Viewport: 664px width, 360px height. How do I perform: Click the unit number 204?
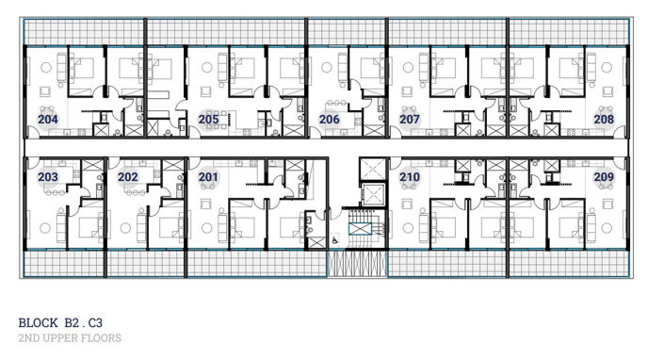(48, 120)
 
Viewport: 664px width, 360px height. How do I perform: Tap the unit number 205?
(208, 120)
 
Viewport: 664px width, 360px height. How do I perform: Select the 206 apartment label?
(329, 120)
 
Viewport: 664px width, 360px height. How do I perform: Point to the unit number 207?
(410, 120)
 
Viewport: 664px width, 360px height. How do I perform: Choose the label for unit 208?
(604, 120)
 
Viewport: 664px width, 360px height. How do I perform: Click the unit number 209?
(604, 177)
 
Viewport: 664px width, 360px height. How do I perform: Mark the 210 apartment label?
(410, 177)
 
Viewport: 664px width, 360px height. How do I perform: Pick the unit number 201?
(208, 177)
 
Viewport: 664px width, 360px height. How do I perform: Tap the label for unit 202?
(128, 177)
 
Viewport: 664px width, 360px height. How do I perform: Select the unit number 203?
(48, 177)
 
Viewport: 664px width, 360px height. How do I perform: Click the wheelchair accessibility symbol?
(336, 240)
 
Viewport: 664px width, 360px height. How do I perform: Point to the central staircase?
(362, 242)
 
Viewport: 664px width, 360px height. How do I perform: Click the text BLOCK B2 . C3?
(60, 320)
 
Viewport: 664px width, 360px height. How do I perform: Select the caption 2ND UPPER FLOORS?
(70, 336)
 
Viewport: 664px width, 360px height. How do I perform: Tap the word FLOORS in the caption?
(102, 336)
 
